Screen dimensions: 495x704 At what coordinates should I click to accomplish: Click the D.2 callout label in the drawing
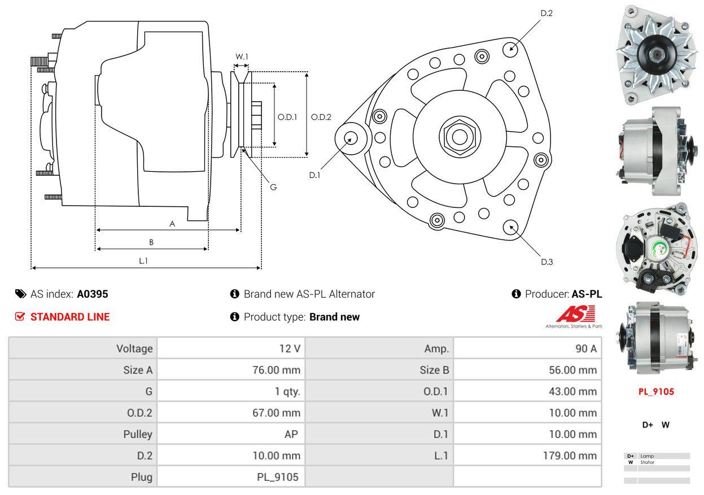546,13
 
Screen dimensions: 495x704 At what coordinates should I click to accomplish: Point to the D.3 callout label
546,262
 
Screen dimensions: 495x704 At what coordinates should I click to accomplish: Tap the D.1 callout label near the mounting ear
314,175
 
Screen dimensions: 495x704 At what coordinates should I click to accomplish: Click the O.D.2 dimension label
321,118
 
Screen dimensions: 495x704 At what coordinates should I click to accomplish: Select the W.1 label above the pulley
242,57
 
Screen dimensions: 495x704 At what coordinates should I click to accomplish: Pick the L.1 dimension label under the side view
143,260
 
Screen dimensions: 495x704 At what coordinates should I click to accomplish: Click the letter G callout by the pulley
273,187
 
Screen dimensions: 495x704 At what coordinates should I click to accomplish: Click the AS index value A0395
93,294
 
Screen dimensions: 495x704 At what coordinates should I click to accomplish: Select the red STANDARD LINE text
70,317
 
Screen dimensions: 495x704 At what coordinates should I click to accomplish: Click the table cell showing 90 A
585,349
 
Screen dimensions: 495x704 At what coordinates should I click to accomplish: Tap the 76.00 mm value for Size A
276,370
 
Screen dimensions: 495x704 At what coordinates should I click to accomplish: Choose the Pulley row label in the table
138,435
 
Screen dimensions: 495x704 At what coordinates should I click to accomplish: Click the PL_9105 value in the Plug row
277,477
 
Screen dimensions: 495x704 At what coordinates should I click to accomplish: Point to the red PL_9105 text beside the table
656,392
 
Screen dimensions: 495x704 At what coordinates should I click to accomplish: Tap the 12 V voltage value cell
290,349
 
